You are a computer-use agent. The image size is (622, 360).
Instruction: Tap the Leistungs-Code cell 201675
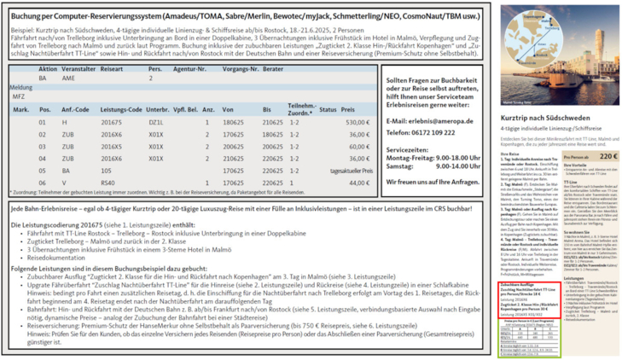[x=112, y=123]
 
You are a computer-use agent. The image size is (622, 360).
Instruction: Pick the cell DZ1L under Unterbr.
[x=155, y=123]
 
